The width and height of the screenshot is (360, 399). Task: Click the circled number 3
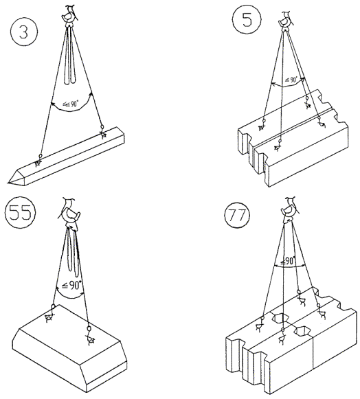click(23, 32)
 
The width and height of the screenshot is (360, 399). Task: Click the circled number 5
click(247, 20)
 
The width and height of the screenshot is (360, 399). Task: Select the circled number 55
click(20, 212)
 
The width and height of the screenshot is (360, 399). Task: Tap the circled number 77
click(237, 215)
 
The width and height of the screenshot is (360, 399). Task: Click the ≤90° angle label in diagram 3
click(71, 104)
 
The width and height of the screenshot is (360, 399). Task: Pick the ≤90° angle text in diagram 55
click(72, 285)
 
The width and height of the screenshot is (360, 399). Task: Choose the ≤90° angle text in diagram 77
click(288, 261)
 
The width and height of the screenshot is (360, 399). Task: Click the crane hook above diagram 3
click(69, 16)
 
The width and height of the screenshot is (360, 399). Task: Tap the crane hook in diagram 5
click(286, 21)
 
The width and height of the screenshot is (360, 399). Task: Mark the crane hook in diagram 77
click(289, 209)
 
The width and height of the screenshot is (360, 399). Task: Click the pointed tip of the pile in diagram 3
click(8, 182)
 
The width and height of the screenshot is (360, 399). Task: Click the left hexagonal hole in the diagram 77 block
click(280, 317)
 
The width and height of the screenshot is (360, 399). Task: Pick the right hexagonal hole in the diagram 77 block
click(302, 330)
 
